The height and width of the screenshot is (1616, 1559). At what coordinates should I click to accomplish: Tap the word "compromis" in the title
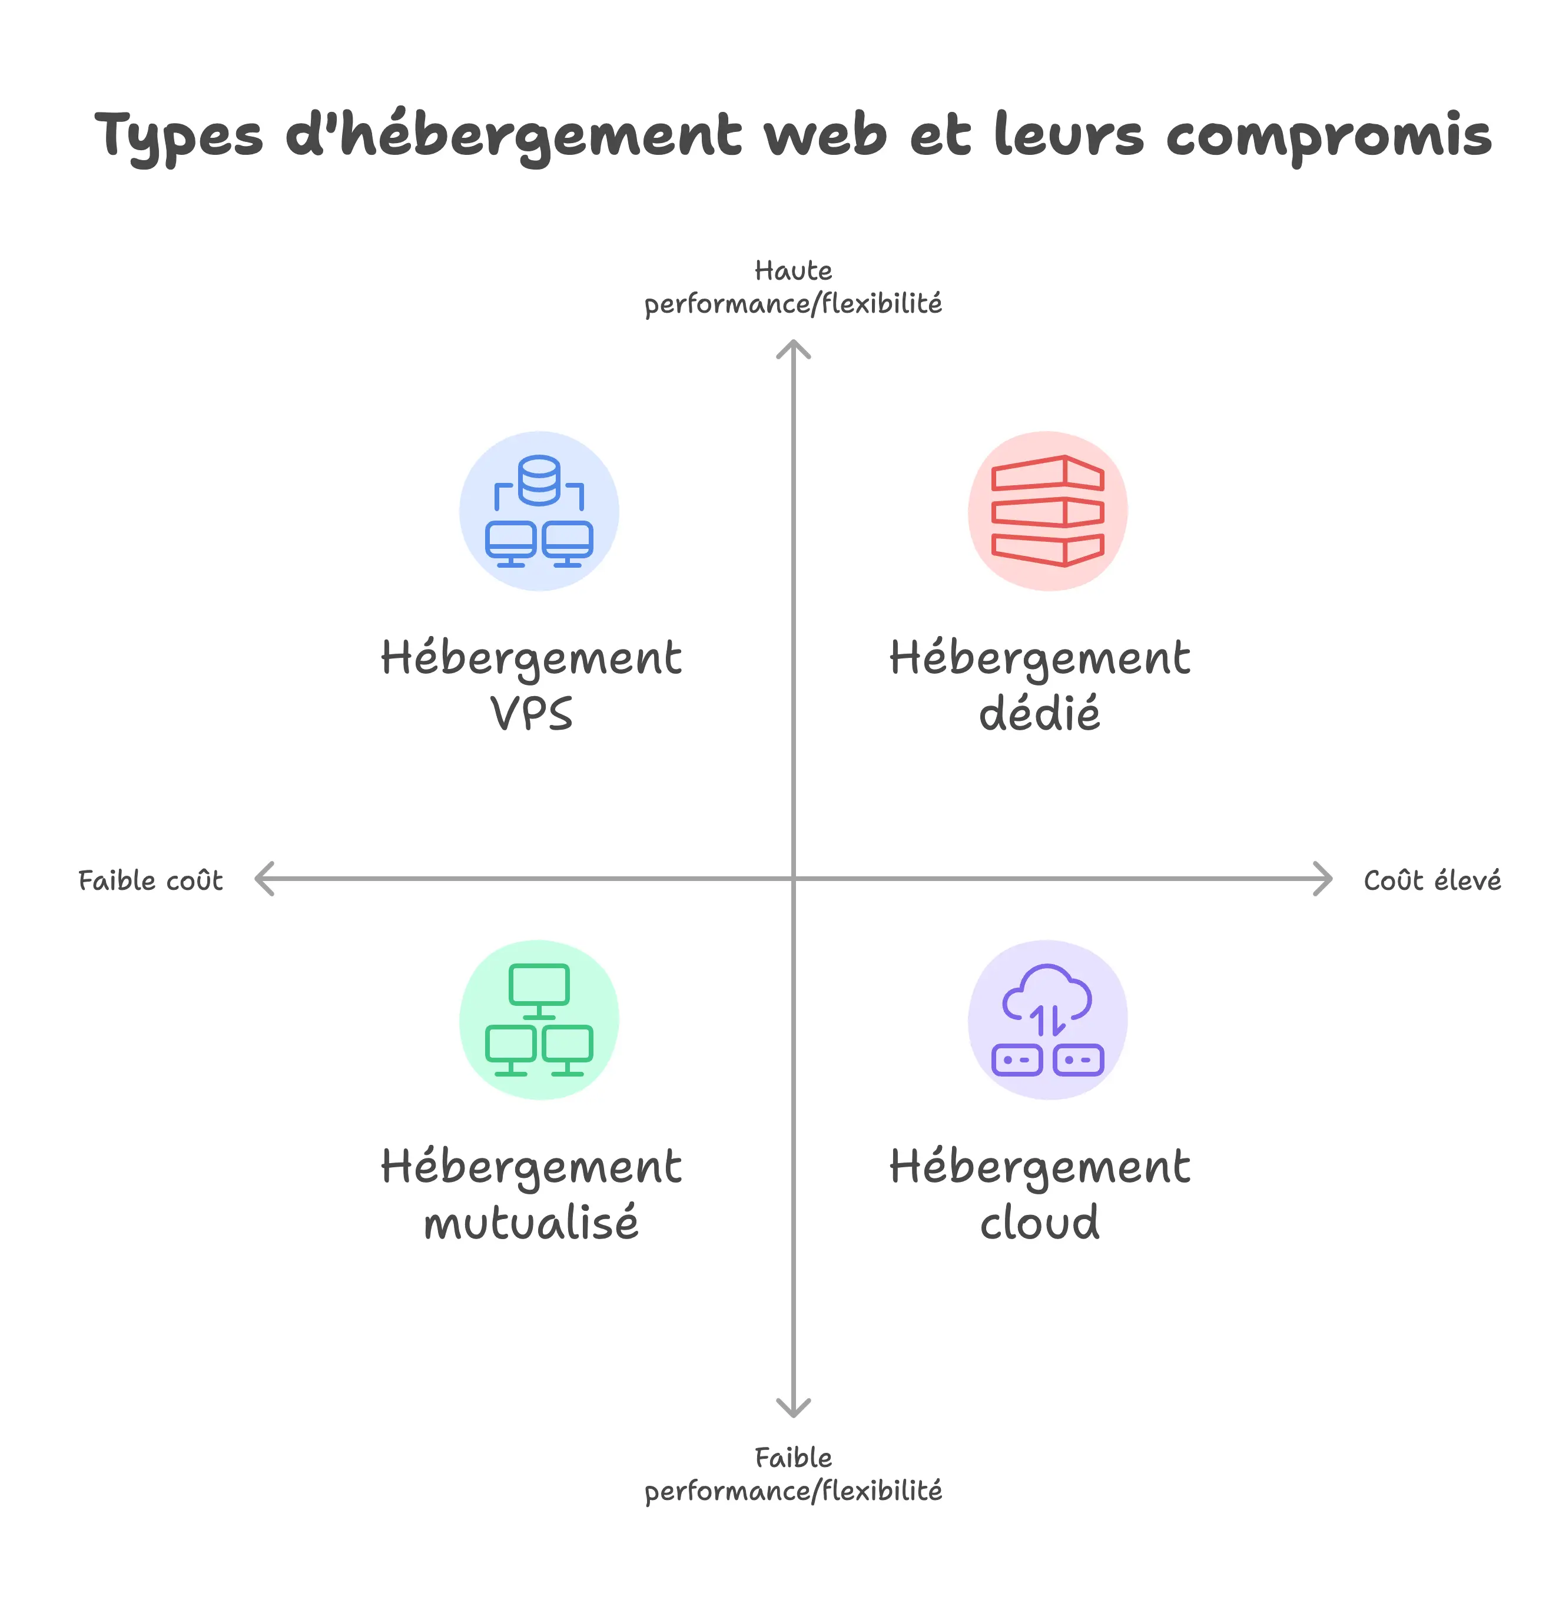click(x=1328, y=136)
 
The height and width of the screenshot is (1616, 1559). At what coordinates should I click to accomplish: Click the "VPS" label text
click(x=532, y=713)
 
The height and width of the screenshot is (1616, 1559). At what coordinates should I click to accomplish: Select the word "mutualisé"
click(x=532, y=1222)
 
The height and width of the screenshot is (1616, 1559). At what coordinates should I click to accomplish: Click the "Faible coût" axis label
click(x=150, y=880)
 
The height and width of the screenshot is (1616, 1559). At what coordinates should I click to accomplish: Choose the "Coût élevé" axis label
click(x=1432, y=880)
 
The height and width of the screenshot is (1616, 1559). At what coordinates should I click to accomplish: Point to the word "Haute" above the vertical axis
click(x=793, y=270)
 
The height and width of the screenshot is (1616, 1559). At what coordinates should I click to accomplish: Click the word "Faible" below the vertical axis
click(x=793, y=1458)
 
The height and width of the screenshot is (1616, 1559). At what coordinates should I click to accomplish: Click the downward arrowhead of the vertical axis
click(x=793, y=1408)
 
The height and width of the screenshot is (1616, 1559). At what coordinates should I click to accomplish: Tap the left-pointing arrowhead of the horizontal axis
click(x=264, y=879)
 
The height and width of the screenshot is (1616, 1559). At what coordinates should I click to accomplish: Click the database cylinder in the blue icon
click(x=539, y=480)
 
